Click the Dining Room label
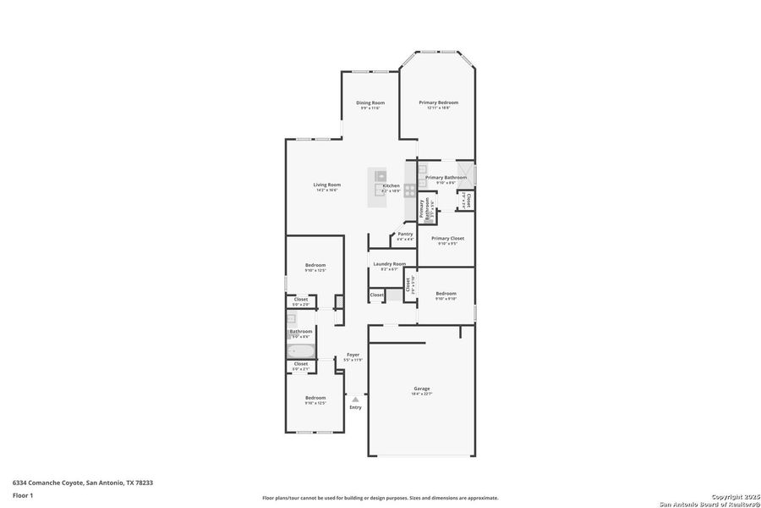[370, 102]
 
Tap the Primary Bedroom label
[438, 102]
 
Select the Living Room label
[326, 185]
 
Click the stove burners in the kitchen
[409, 190]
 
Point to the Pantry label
[405, 234]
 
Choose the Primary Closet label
[447, 238]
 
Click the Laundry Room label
[389, 263]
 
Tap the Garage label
[421, 389]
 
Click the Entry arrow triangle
[355, 399]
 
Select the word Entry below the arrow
[355, 407]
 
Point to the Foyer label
[353, 355]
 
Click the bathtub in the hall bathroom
[301, 350]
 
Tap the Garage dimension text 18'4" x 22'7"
[421, 394]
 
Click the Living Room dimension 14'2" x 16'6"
[326, 190]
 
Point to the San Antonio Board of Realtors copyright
[709, 504]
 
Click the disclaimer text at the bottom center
[380, 498]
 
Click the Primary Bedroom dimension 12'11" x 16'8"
[438, 108]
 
